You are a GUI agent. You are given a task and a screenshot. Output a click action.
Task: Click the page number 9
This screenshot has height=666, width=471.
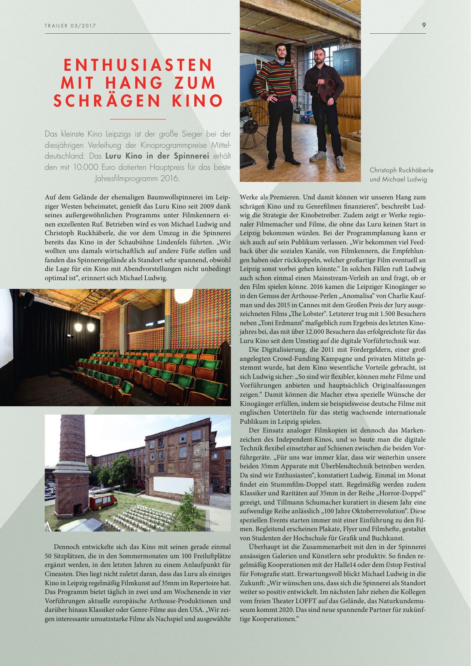click(x=424, y=25)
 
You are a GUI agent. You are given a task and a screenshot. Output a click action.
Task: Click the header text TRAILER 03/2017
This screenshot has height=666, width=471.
click(x=70, y=26)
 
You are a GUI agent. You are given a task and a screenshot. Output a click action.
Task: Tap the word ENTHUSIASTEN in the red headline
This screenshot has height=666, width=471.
click(x=138, y=65)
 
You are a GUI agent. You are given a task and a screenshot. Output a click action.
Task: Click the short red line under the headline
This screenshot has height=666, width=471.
click(x=138, y=119)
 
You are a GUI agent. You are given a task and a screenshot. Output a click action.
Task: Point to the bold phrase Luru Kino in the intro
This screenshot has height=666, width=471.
click(x=124, y=156)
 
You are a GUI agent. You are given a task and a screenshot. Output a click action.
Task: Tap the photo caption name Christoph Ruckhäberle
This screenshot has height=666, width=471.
click(x=401, y=170)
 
